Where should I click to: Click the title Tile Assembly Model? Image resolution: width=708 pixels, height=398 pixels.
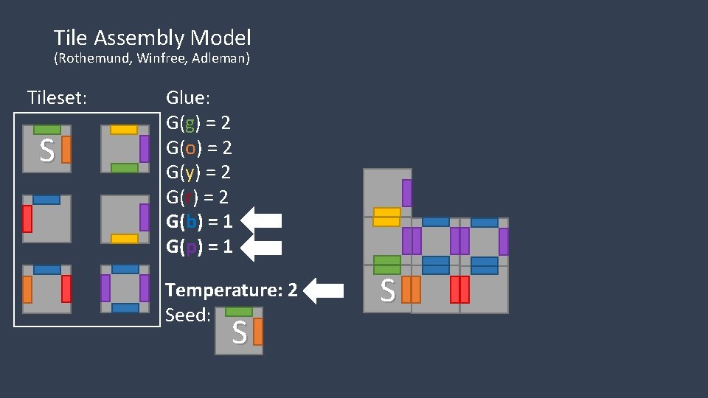click(x=152, y=38)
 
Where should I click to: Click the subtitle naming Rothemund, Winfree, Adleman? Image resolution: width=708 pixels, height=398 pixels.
click(x=152, y=58)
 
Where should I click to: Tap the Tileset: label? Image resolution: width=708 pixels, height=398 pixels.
click(x=57, y=97)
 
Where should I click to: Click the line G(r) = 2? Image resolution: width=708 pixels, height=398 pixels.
click(x=198, y=197)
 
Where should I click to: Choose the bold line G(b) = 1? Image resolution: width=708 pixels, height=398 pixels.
click(x=199, y=222)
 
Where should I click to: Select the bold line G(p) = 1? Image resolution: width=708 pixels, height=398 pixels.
click(x=199, y=247)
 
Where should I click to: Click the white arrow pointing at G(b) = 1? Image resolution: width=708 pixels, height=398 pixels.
click(x=262, y=221)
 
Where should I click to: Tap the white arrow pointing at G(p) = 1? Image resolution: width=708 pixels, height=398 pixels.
click(x=262, y=246)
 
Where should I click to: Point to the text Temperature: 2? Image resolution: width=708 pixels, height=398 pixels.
click(x=232, y=290)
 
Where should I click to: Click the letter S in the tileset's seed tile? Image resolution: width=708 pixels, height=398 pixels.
click(x=46, y=152)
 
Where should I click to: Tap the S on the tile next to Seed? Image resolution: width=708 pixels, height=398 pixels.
click(x=239, y=333)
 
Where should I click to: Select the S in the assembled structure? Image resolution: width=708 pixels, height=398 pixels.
click(x=386, y=291)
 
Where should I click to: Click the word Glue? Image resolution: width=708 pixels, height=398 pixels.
click(x=188, y=97)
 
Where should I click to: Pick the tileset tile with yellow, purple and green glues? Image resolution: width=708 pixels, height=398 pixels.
click(x=125, y=149)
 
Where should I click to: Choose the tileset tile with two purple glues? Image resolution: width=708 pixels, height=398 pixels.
click(x=125, y=288)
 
